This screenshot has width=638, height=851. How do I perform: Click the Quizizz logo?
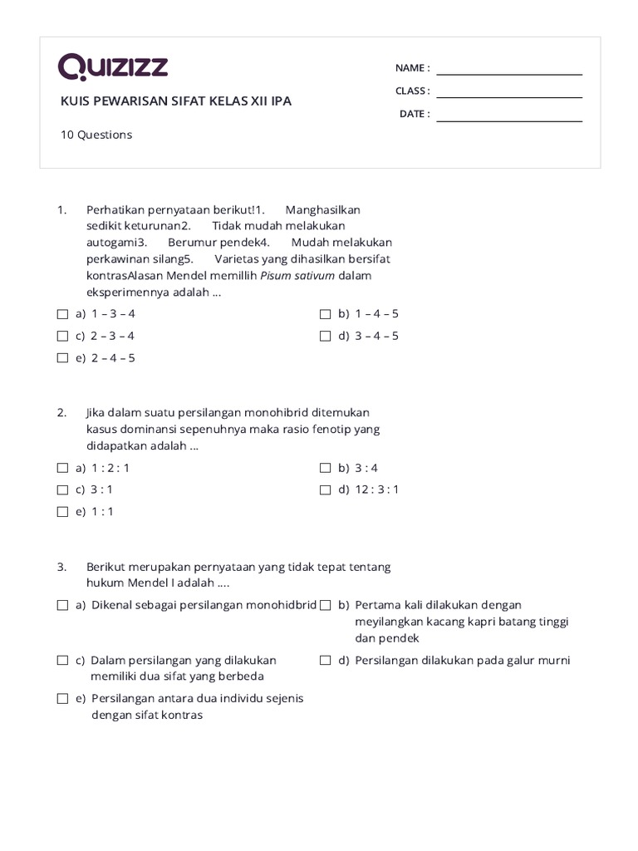(113, 67)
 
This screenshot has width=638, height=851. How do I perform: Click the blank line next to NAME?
(509, 74)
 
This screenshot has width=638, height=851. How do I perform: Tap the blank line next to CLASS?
(509, 97)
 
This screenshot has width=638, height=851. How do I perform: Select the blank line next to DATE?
(509, 121)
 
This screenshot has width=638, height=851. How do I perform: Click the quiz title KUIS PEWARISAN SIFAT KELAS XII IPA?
(176, 101)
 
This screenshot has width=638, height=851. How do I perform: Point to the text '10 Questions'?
(96, 135)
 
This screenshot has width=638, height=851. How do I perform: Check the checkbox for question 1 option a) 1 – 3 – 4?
(62, 314)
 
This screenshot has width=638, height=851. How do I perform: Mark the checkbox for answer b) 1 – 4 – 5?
(326, 314)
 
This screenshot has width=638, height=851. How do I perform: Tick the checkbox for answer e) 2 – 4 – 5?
(62, 358)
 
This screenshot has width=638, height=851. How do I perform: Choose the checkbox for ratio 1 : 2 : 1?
(62, 468)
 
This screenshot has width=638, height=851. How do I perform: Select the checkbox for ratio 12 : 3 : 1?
(326, 489)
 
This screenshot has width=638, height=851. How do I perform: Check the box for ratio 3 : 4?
(326, 468)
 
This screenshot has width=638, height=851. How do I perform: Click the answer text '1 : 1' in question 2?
(103, 512)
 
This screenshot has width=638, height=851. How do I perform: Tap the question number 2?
(61, 412)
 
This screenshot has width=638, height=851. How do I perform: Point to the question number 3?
(61, 567)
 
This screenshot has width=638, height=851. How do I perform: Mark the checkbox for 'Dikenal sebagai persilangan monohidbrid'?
(62, 606)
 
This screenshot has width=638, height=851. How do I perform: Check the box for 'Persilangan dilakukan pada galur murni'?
(326, 661)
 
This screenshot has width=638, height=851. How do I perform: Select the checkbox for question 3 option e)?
(62, 699)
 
